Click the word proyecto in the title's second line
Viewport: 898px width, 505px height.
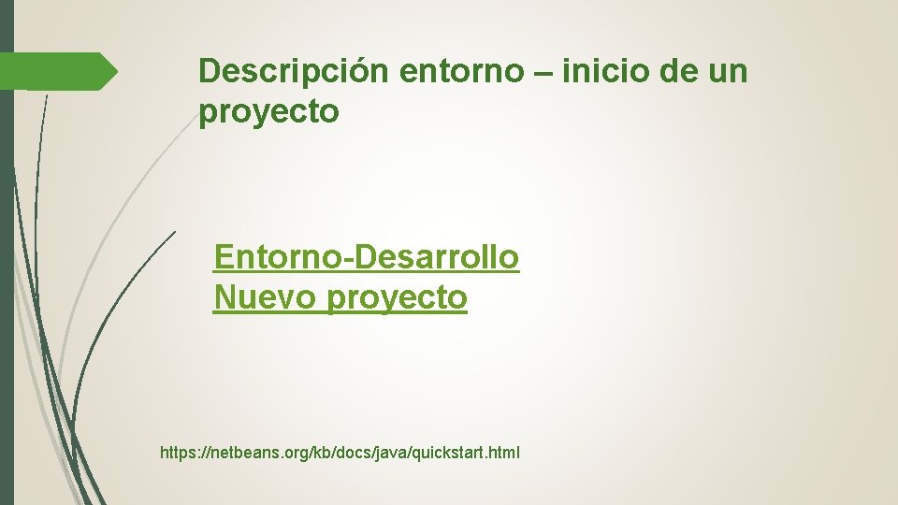(269, 113)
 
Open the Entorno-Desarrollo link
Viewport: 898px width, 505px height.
(366, 256)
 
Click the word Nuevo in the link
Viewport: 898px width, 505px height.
(266, 297)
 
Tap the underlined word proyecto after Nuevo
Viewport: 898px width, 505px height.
(398, 299)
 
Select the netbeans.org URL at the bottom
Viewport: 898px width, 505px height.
(340, 454)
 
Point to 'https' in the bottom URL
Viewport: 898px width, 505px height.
(178, 454)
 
